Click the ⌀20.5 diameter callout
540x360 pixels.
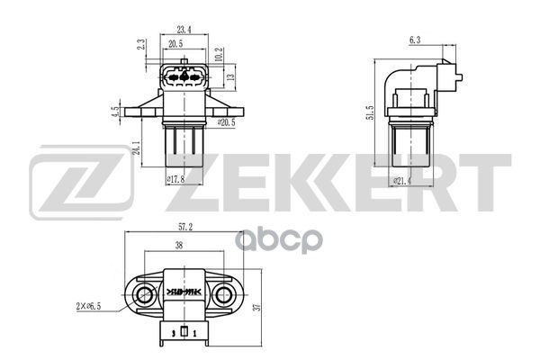point(226,121)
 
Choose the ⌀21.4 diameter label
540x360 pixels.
point(407,182)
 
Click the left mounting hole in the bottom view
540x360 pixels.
point(146,292)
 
